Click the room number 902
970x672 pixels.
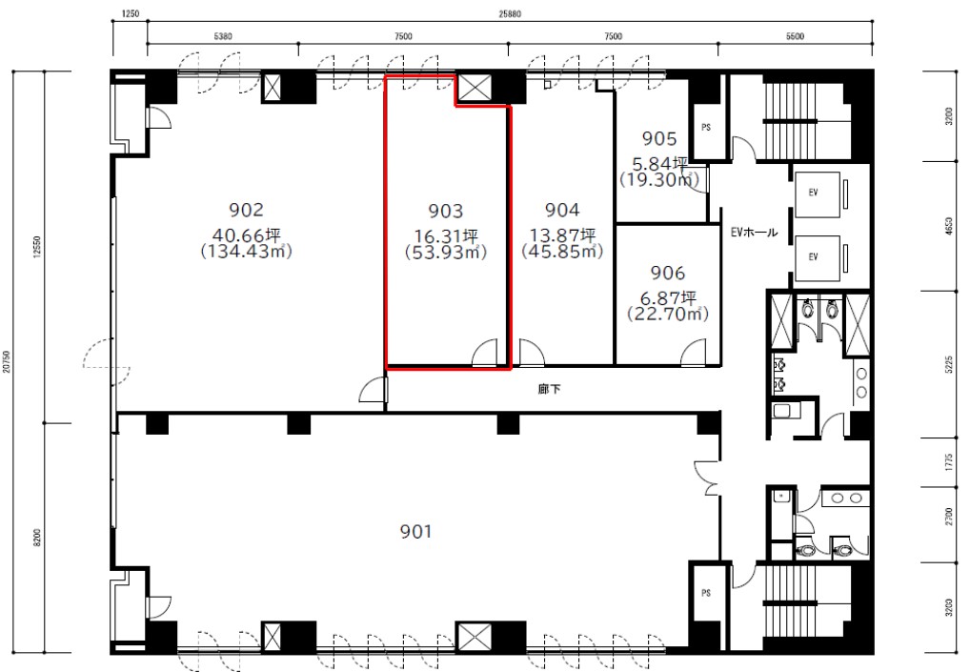click(x=246, y=211)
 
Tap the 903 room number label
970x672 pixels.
click(x=445, y=212)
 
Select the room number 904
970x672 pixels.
click(x=562, y=211)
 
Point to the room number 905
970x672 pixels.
click(x=659, y=138)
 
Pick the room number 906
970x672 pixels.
click(x=668, y=273)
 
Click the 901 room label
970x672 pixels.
click(x=415, y=532)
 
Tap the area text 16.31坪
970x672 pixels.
click(x=446, y=235)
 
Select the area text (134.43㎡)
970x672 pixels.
click(x=246, y=252)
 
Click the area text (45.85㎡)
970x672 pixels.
click(x=562, y=252)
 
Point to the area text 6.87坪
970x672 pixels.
click(x=668, y=297)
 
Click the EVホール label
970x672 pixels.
click(x=754, y=233)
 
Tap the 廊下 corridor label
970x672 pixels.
click(x=550, y=389)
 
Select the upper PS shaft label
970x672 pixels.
click(x=706, y=128)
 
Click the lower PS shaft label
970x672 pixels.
click(x=706, y=594)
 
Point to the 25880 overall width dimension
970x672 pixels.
click(x=510, y=14)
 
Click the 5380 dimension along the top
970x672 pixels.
click(x=223, y=36)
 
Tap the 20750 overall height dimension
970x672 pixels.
click(x=6, y=361)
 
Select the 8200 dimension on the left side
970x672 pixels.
click(x=37, y=538)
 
